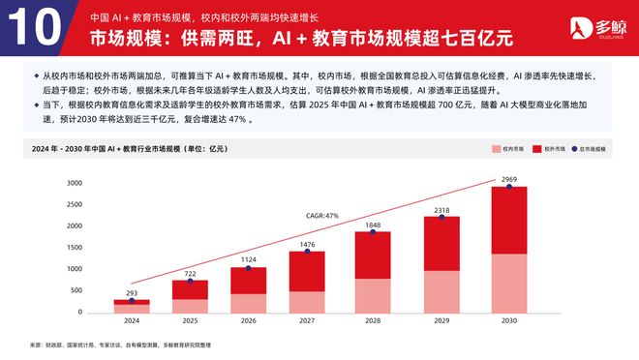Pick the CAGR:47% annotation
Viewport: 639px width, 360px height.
321,215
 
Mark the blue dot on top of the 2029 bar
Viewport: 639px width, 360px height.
441,217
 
